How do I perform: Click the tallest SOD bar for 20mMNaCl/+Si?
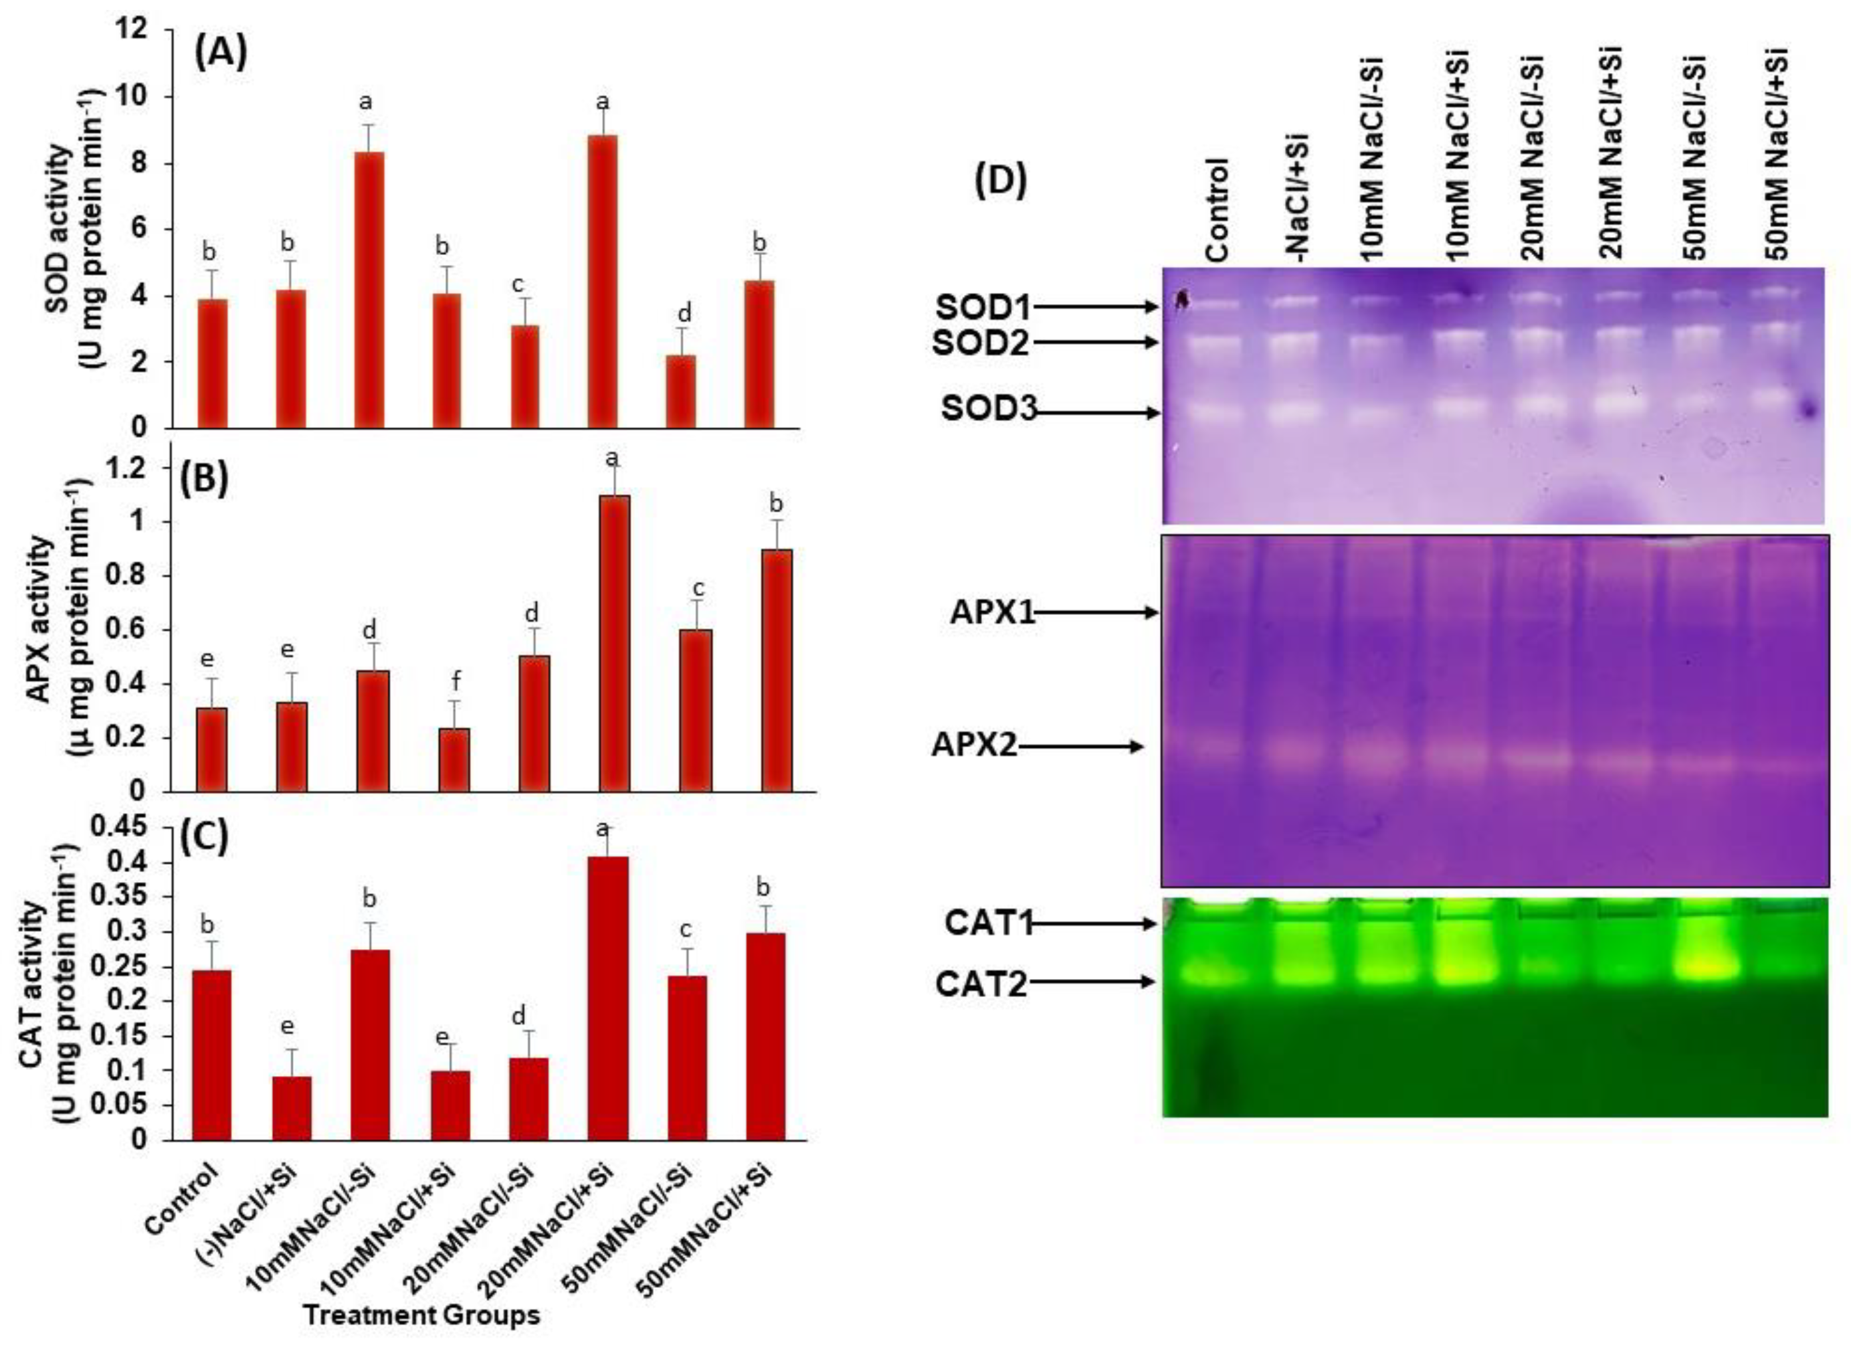pyautogui.click(x=603, y=282)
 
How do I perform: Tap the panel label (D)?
pyautogui.click(x=1001, y=181)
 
